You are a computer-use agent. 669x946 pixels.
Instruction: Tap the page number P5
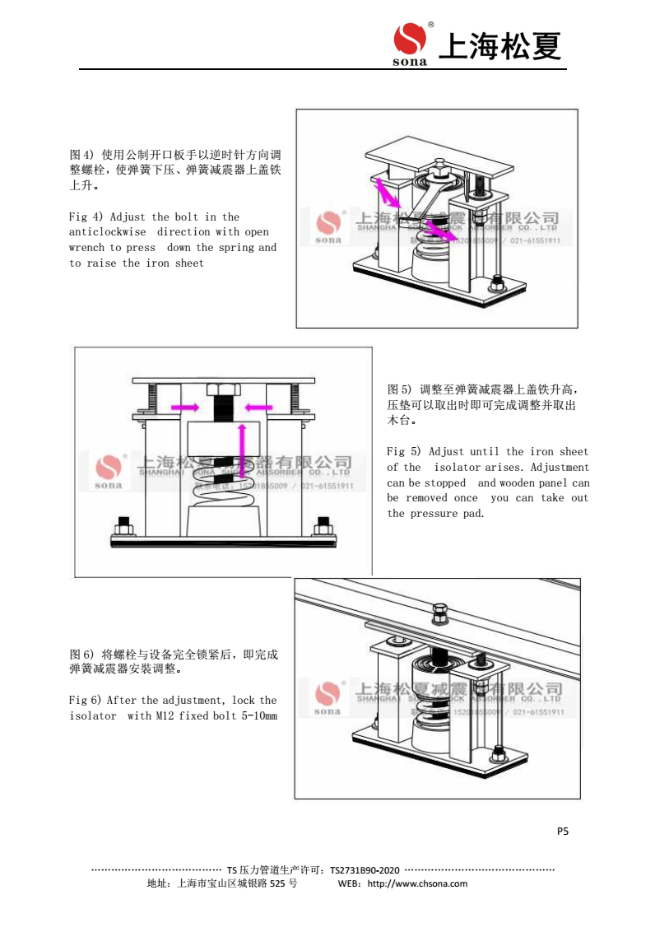(563, 831)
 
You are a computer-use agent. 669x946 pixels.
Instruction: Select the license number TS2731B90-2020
(365, 869)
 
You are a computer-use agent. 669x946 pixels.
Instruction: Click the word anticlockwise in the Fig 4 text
(107, 232)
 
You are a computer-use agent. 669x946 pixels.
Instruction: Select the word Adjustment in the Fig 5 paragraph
(560, 468)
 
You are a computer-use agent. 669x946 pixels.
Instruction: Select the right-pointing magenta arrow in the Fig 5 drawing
(184, 407)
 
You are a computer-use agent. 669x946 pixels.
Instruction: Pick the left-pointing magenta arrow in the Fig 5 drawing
(259, 407)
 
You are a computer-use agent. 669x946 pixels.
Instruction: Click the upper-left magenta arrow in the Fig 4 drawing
(388, 192)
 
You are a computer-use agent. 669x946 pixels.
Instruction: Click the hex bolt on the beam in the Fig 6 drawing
(439, 613)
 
